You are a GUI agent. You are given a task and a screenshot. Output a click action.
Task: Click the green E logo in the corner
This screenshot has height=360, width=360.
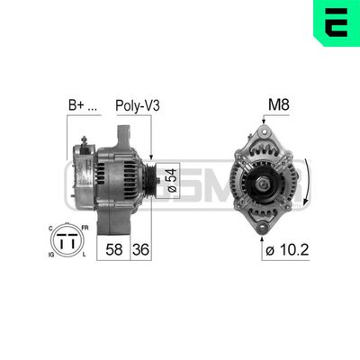coord(337,22)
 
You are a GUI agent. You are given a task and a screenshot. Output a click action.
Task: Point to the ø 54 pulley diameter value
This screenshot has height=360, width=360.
coord(171,178)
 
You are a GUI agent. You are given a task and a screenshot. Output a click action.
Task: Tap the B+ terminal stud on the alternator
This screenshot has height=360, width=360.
coord(84,142)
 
